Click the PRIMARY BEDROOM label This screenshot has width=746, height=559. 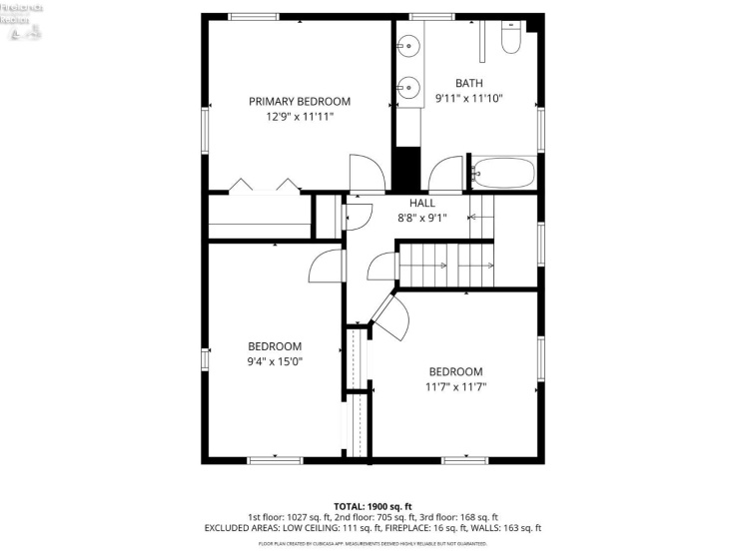300,101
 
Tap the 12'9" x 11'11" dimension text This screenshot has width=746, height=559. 300,117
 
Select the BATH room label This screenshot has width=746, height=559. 468,83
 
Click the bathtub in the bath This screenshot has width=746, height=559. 504,173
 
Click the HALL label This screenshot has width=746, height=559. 421,203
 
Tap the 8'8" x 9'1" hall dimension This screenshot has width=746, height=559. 421,218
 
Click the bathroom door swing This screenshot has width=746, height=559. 450,172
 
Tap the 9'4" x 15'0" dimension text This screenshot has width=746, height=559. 275,361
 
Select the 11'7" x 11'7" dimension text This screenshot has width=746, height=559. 455,386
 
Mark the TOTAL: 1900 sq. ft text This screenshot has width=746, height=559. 373,505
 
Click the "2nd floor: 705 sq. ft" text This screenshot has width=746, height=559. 373,516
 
